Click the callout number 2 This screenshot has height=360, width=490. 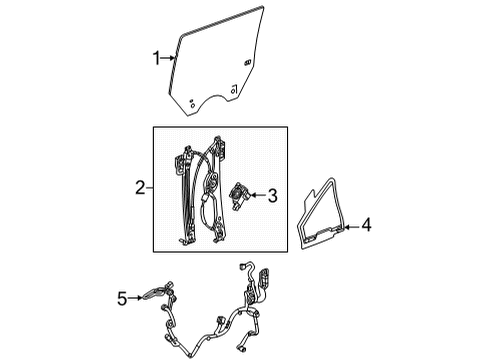[x=141, y=187]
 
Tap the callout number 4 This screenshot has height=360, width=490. [x=366, y=227]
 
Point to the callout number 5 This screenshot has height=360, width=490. [x=122, y=297]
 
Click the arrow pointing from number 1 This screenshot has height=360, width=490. [x=168, y=60]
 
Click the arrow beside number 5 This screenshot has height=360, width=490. [x=135, y=297]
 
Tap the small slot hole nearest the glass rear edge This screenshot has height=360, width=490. [x=246, y=63]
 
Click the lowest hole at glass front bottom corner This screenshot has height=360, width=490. [x=194, y=102]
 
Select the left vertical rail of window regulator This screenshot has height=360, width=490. [x=183, y=200]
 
